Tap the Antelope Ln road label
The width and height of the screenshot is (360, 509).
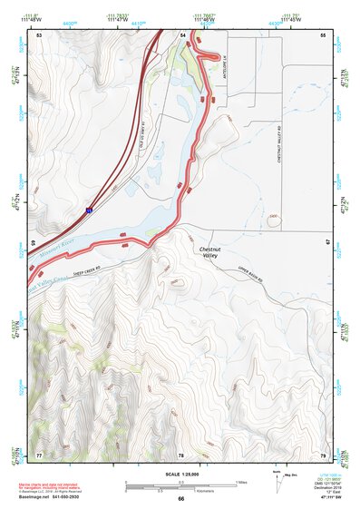tap(223, 68)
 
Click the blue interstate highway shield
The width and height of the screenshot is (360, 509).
tap(88, 210)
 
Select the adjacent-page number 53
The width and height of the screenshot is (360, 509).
tap(39, 34)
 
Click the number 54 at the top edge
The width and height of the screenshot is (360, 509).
tap(182, 34)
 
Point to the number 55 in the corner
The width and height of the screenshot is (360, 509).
tap(322, 34)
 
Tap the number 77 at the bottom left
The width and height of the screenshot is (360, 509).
tap(39, 454)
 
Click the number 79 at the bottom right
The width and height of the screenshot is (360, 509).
tap(322, 454)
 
